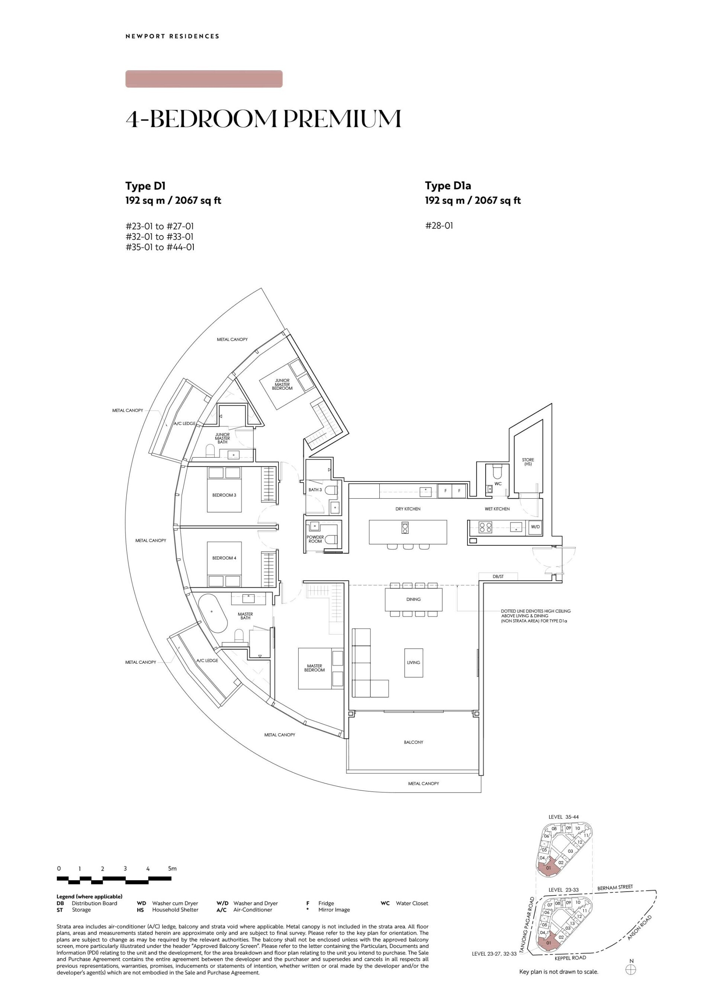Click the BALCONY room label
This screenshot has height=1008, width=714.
413,742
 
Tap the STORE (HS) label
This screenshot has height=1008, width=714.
528,462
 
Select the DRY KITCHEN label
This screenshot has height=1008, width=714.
408,509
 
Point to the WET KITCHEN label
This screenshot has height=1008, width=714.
497,509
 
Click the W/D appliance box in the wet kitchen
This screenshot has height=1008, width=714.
535,526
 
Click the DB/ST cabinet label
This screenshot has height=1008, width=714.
498,576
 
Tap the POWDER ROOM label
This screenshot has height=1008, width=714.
315,539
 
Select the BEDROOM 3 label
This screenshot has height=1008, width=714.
224,495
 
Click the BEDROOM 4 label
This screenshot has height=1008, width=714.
224,558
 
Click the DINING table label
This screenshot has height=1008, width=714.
413,599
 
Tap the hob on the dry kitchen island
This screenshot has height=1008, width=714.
405,528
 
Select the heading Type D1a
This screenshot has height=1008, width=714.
448,186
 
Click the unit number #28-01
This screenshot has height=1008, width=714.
439,226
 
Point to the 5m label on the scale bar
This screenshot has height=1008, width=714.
172,869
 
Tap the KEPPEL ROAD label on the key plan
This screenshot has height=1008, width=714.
570,957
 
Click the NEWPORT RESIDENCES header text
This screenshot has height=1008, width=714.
172,36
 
